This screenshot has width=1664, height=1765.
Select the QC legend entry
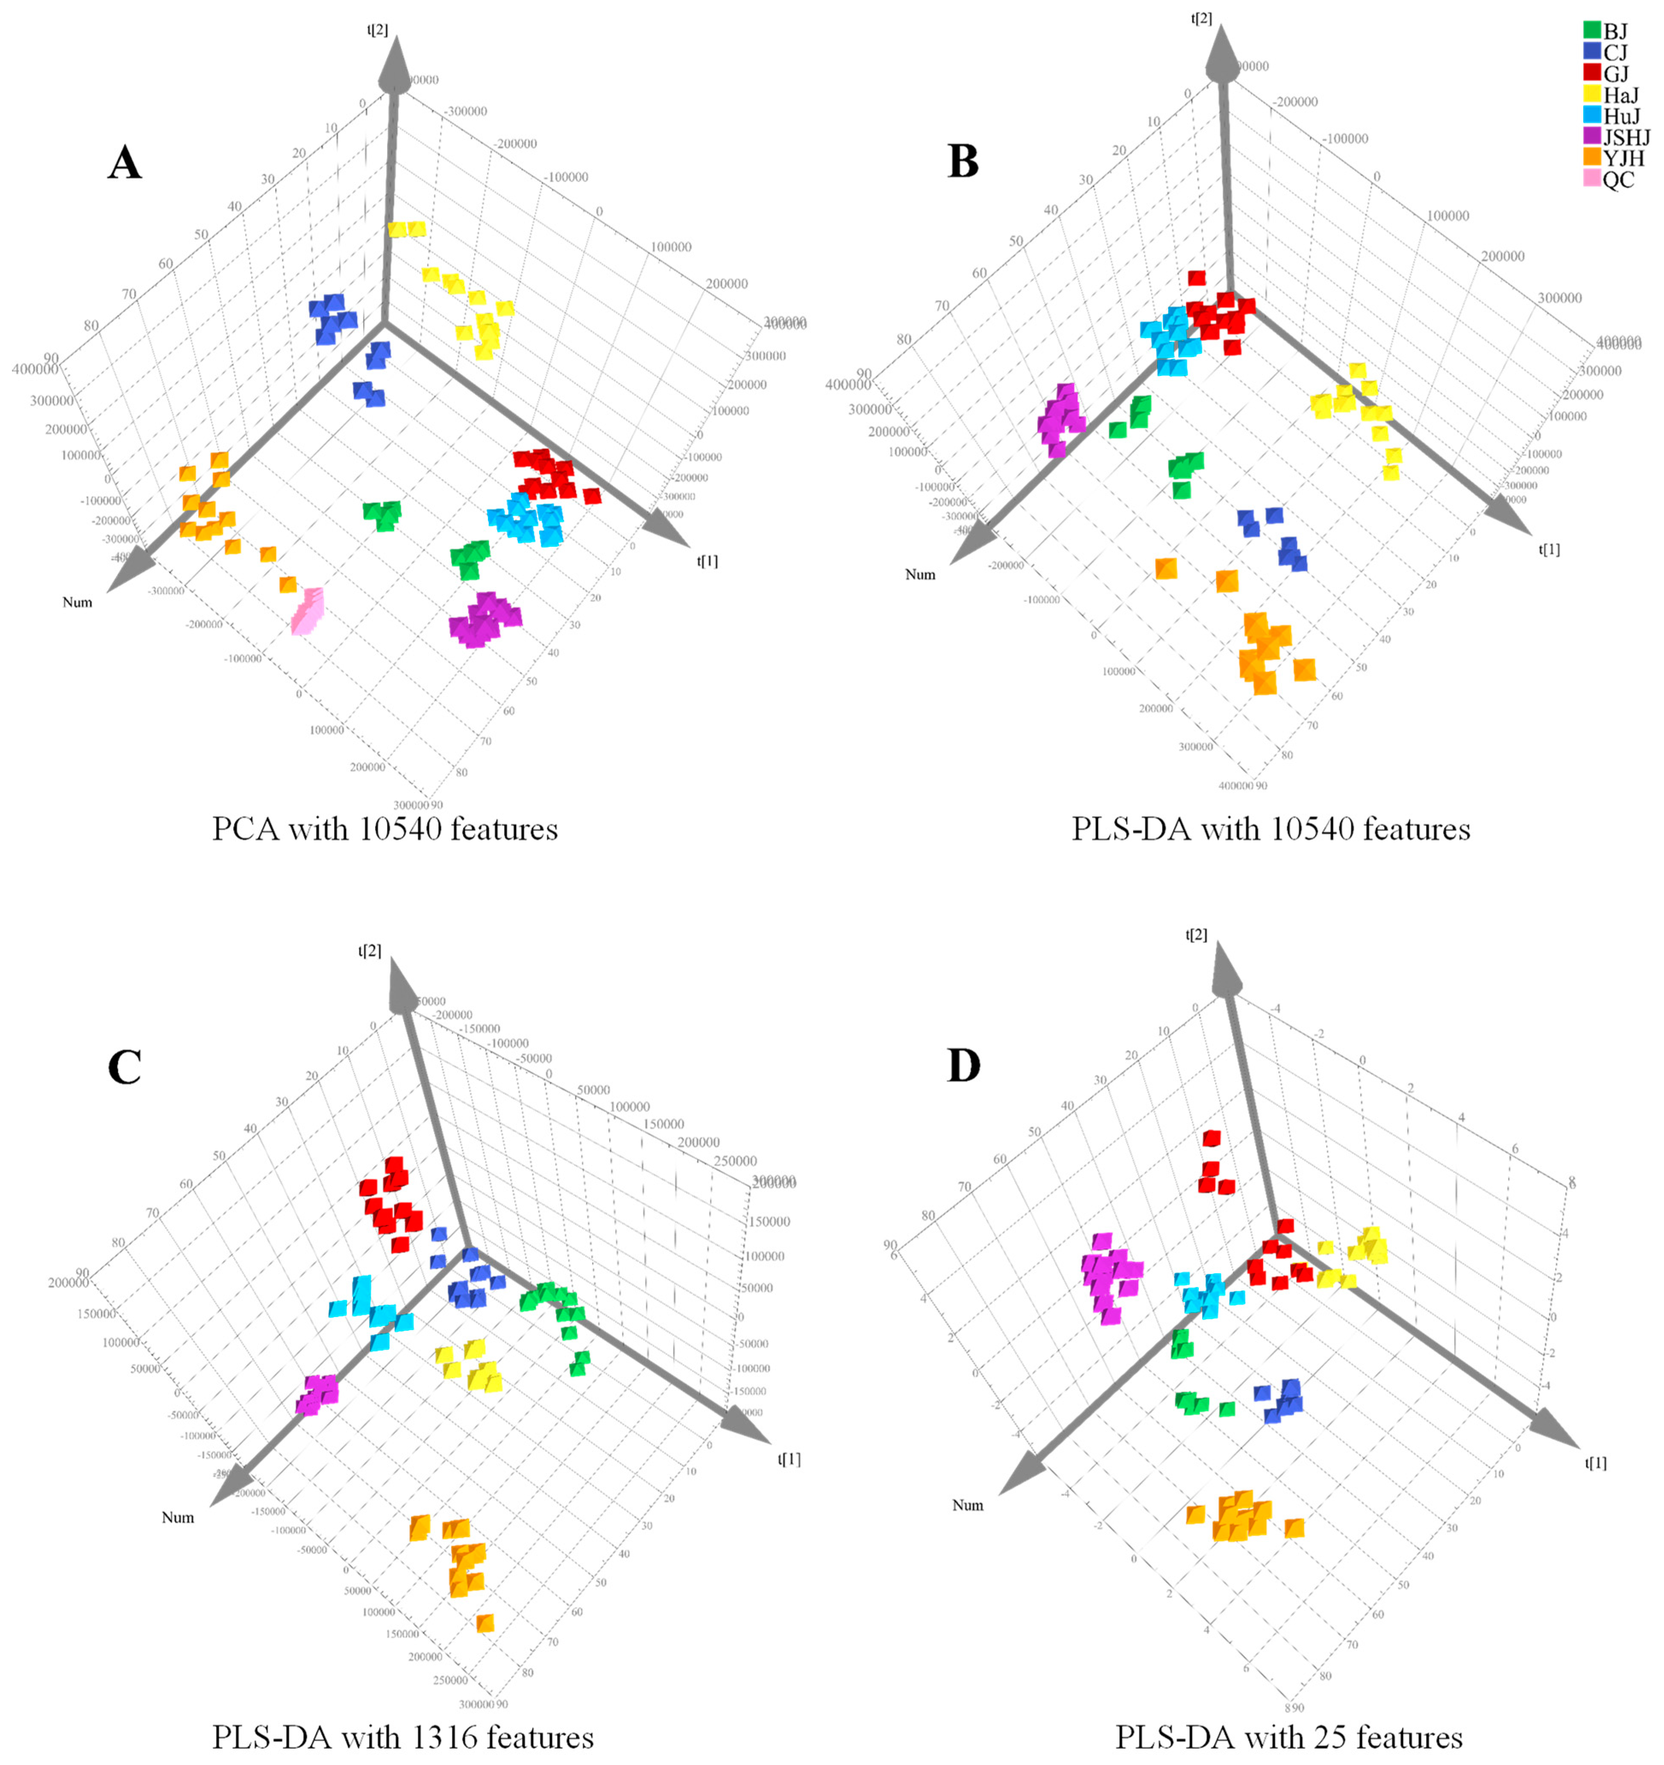1618,179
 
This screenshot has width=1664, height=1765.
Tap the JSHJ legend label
1627,138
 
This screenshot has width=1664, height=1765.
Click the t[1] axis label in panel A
708,561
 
